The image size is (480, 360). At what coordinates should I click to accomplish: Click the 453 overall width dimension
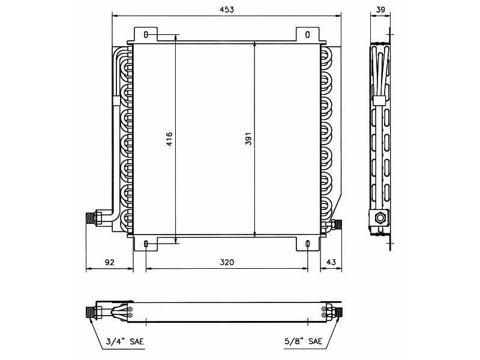pyautogui.click(x=226, y=10)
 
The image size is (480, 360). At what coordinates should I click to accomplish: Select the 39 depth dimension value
pyautogui.click(x=380, y=10)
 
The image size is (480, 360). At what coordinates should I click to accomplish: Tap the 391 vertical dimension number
pyautogui.click(x=248, y=139)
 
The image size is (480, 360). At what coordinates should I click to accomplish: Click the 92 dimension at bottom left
pyautogui.click(x=109, y=262)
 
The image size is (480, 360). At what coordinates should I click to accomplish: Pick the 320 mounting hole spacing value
pyautogui.click(x=226, y=262)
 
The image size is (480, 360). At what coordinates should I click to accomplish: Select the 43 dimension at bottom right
pyautogui.click(x=331, y=262)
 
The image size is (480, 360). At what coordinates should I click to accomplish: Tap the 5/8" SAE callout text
pyautogui.click(x=304, y=341)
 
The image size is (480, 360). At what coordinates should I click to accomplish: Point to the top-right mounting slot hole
pyautogui.click(x=307, y=35)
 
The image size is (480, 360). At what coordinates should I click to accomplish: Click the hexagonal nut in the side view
pyautogui.click(x=379, y=217)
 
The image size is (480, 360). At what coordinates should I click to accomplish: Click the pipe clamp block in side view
pyautogui.click(x=379, y=100)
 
